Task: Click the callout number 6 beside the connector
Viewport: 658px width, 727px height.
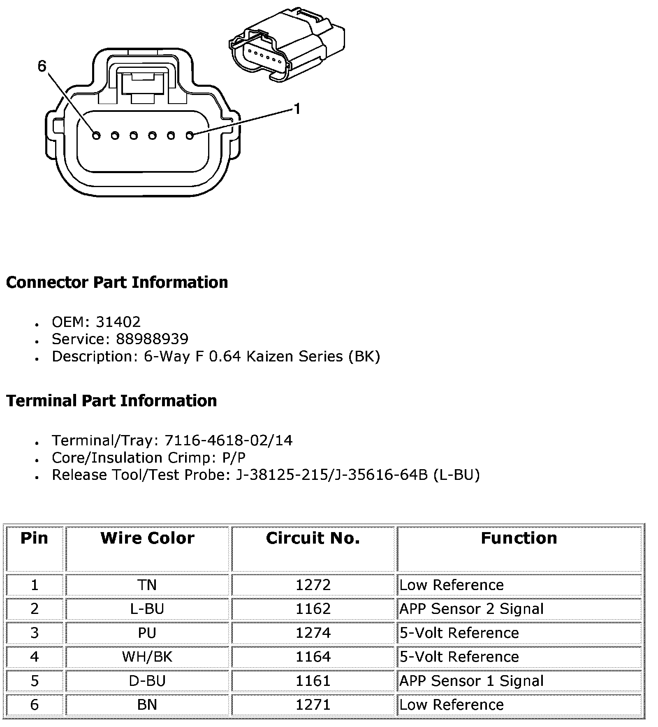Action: coord(42,66)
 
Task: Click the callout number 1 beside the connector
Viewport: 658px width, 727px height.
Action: coord(297,109)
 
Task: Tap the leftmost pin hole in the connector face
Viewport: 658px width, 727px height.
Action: coord(96,135)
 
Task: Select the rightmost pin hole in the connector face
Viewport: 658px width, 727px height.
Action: coord(190,135)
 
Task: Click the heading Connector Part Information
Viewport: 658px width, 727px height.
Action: coord(117,282)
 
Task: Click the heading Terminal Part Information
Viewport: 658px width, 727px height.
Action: coord(111,401)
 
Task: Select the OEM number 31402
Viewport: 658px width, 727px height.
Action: coord(118,322)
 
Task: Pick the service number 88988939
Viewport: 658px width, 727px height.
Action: coord(152,339)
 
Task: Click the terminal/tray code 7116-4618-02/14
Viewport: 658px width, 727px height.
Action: coord(228,440)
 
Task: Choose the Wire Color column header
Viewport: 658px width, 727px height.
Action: coord(147,538)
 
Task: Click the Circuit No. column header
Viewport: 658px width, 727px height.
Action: coord(313,538)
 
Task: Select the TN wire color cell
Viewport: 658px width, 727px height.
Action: coord(147,585)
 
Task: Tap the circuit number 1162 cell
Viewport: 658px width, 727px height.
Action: coord(313,609)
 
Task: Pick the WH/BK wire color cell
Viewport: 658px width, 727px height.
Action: coord(147,657)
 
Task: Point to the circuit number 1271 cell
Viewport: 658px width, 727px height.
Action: coord(313,704)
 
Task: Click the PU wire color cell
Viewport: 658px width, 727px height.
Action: coord(147,632)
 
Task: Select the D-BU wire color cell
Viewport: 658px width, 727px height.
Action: coord(147,681)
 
